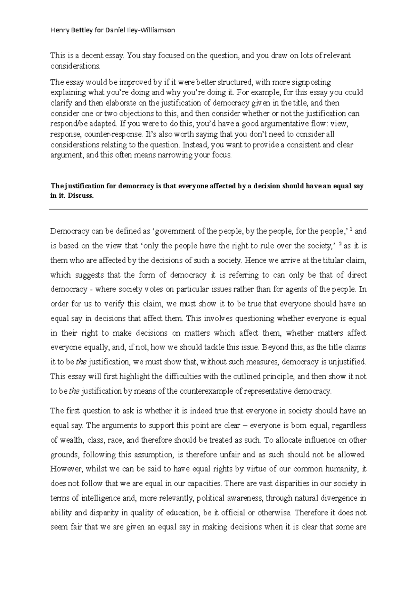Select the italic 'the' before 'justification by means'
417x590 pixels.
pyautogui.click(x=74, y=391)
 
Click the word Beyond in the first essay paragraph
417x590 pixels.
pyautogui.click(x=273, y=347)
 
